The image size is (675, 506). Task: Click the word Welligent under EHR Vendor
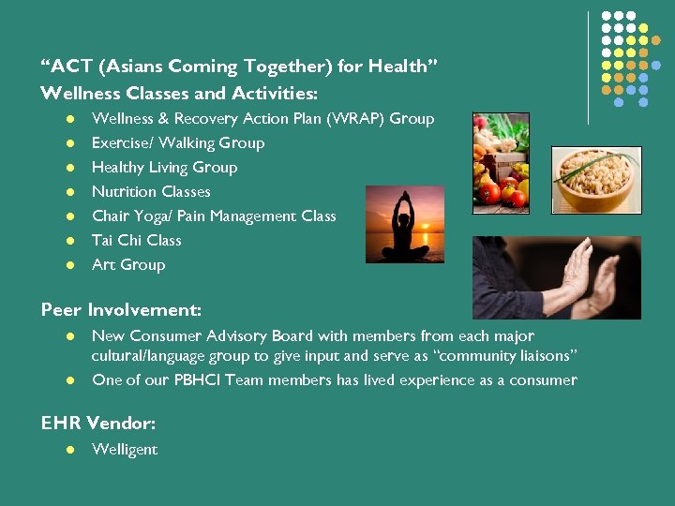125,450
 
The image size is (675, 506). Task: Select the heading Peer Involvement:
121,309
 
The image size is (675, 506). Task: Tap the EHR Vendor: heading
98,423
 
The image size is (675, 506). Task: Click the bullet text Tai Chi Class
136,241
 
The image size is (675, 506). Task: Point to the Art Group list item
128,265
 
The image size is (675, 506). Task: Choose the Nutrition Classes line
151,192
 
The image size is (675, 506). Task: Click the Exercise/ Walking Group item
178,143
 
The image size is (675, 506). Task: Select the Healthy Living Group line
164,168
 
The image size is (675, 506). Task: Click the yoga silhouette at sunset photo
404,223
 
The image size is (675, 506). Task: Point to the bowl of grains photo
595,179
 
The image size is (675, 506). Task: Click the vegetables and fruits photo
501,159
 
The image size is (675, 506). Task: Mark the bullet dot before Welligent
69,451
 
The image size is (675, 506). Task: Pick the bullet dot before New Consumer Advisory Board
69,336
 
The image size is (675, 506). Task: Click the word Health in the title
397,67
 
